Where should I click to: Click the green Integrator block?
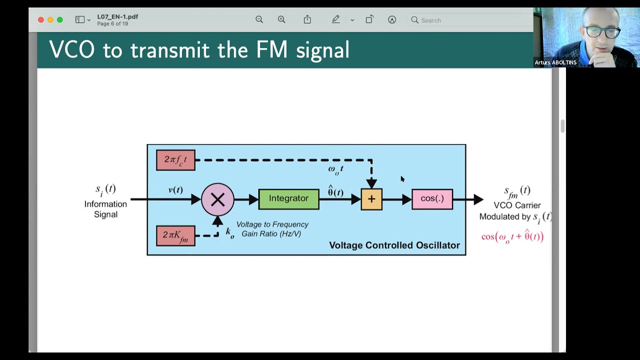[288, 199]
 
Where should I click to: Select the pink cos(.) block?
[432, 199]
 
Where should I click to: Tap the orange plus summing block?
[371, 199]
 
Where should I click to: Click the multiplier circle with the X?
[217, 200]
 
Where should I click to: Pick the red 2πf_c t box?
[175, 160]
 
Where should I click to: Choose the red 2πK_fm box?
[175, 235]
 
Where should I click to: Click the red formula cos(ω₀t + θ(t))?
[512, 236]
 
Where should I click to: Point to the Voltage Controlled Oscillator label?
[394, 245]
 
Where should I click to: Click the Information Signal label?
[105, 209]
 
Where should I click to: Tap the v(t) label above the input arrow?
[175, 190]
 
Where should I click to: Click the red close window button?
[41, 20]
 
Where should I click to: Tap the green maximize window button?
[60, 20]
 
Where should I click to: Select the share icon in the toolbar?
[307, 19]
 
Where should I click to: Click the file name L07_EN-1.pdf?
[117, 16]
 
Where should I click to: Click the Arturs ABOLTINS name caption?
[555, 62]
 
